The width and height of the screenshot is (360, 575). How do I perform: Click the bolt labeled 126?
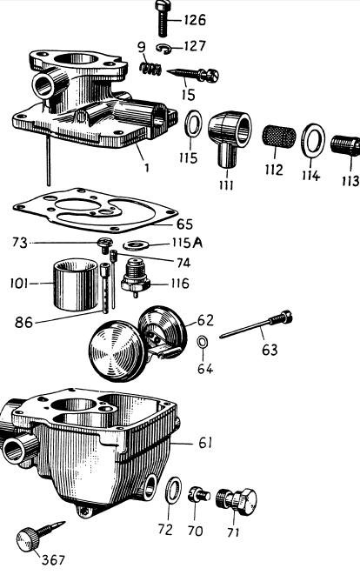[163, 18]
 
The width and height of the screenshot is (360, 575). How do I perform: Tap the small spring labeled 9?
[150, 69]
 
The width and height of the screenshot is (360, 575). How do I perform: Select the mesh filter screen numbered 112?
[279, 137]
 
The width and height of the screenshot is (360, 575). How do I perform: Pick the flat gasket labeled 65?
[96, 211]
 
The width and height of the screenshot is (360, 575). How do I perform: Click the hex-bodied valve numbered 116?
[136, 277]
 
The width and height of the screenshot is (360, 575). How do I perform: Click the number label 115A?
[187, 243]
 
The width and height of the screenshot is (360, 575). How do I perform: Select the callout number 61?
[205, 443]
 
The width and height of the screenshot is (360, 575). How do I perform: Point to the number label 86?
[24, 323]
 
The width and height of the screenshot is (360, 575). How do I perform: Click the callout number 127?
[195, 46]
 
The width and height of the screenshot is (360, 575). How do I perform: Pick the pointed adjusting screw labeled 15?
[192, 75]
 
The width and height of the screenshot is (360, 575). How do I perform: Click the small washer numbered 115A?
[138, 244]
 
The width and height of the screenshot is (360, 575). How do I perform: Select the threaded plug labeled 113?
[345, 145]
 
